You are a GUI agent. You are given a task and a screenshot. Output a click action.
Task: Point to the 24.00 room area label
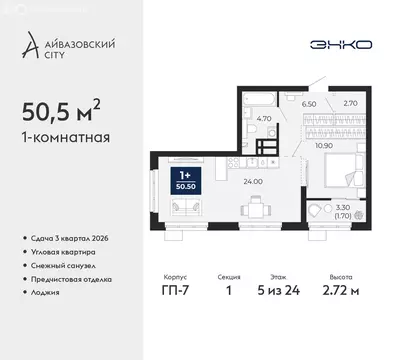[253, 181]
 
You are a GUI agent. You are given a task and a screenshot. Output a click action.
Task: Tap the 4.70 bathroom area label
[264, 118]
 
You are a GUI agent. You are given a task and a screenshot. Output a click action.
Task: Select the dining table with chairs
[258, 208]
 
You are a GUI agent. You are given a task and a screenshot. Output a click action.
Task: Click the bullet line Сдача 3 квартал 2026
[71, 237]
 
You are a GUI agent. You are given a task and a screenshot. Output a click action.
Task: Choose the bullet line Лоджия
[46, 292]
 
